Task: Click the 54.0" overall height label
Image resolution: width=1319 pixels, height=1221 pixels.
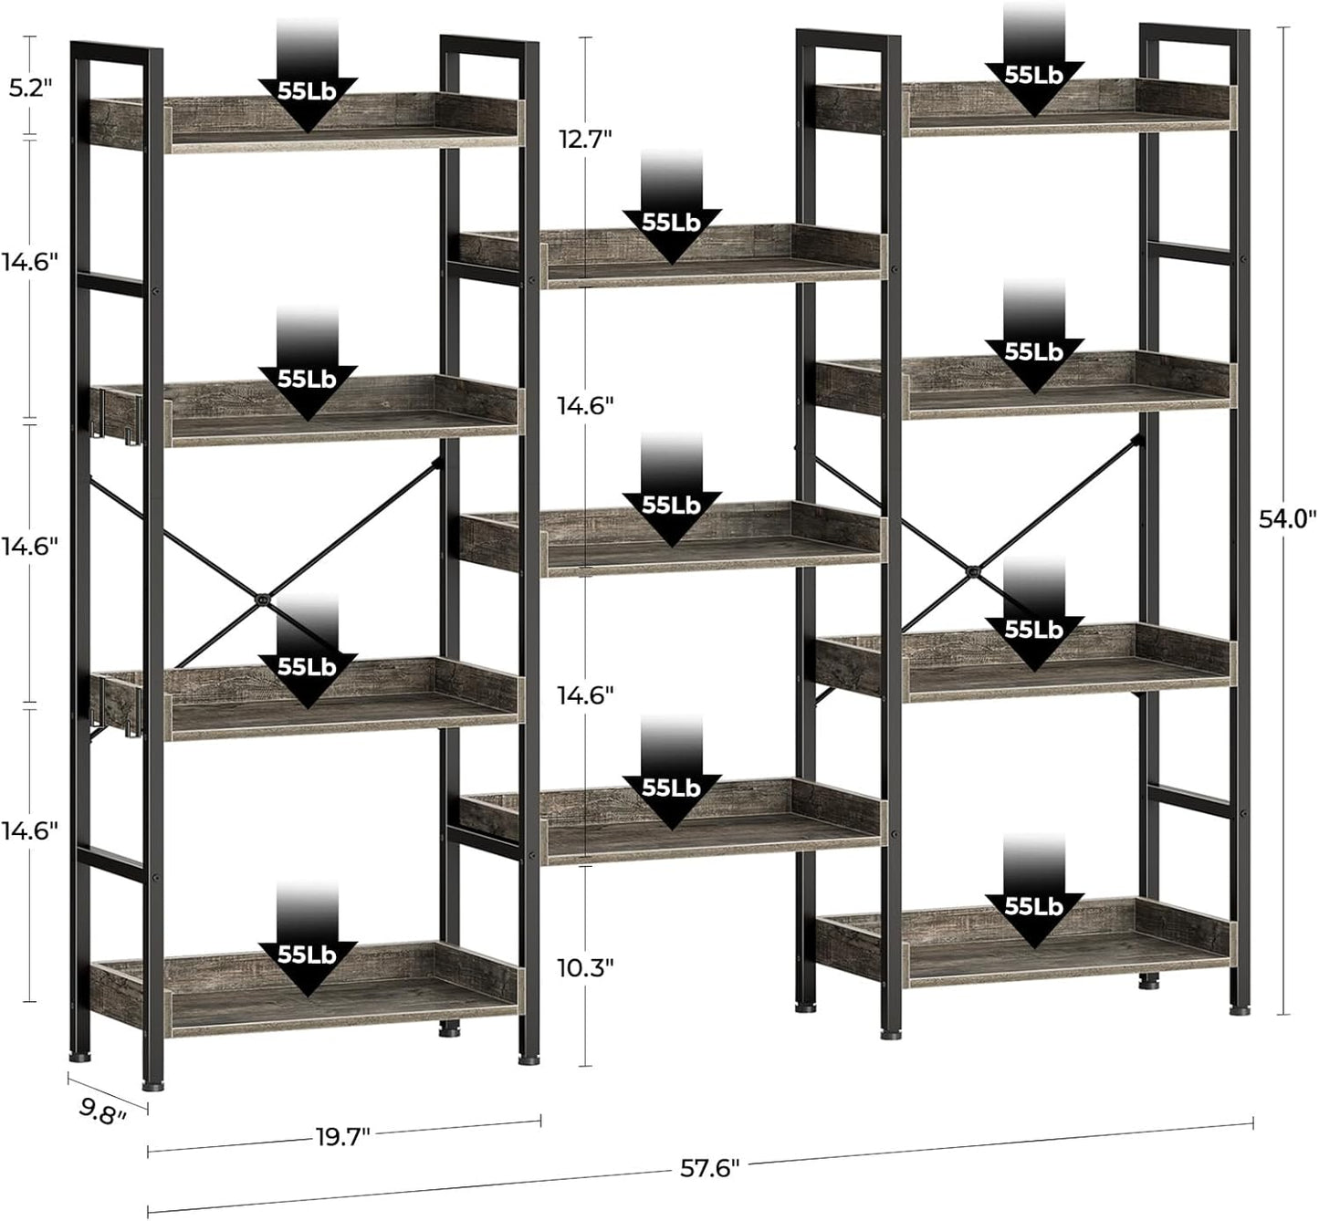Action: (x=1287, y=519)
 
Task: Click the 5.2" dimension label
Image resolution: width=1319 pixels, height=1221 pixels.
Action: (x=31, y=88)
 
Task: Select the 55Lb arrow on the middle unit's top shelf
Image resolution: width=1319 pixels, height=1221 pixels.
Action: (x=672, y=224)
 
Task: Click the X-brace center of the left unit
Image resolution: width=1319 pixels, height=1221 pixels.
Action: (x=263, y=600)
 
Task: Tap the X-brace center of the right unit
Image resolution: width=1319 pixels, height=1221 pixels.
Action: (x=974, y=572)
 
